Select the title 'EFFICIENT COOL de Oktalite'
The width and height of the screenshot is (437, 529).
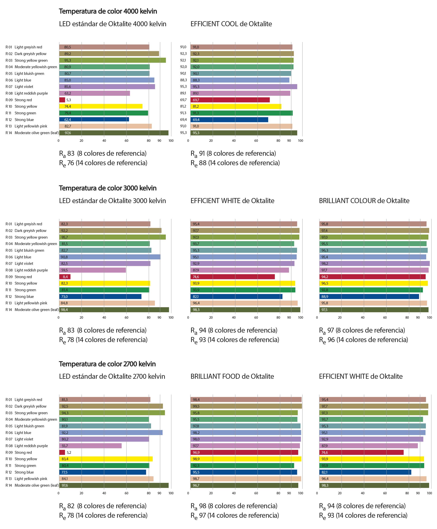(231, 24)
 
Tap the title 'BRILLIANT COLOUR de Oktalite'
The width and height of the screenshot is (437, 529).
(364, 201)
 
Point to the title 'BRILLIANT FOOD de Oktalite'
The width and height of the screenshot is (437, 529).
(232, 376)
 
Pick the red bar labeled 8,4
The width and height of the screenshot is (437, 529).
(65, 277)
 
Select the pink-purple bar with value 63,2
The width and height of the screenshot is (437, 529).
(95, 93)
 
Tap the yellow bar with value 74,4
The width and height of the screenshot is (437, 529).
(101, 106)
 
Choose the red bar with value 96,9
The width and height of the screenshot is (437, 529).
(244, 452)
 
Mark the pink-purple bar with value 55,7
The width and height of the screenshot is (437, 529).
(90, 446)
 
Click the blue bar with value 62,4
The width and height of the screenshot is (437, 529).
(94, 120)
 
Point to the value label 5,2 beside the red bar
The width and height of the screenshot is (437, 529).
(69, 452)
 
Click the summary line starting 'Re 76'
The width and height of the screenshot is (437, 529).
(103, 163)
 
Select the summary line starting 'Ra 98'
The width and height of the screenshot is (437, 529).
(234, 506)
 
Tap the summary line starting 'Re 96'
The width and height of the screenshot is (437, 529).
(364, 340)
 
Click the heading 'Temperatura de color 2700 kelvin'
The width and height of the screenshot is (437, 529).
(107, 364)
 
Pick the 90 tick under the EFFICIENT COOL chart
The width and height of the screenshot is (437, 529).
(289, 141)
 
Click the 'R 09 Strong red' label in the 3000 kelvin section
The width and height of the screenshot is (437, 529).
(19, 277)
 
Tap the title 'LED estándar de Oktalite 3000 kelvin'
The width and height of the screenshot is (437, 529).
(113, 201)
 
